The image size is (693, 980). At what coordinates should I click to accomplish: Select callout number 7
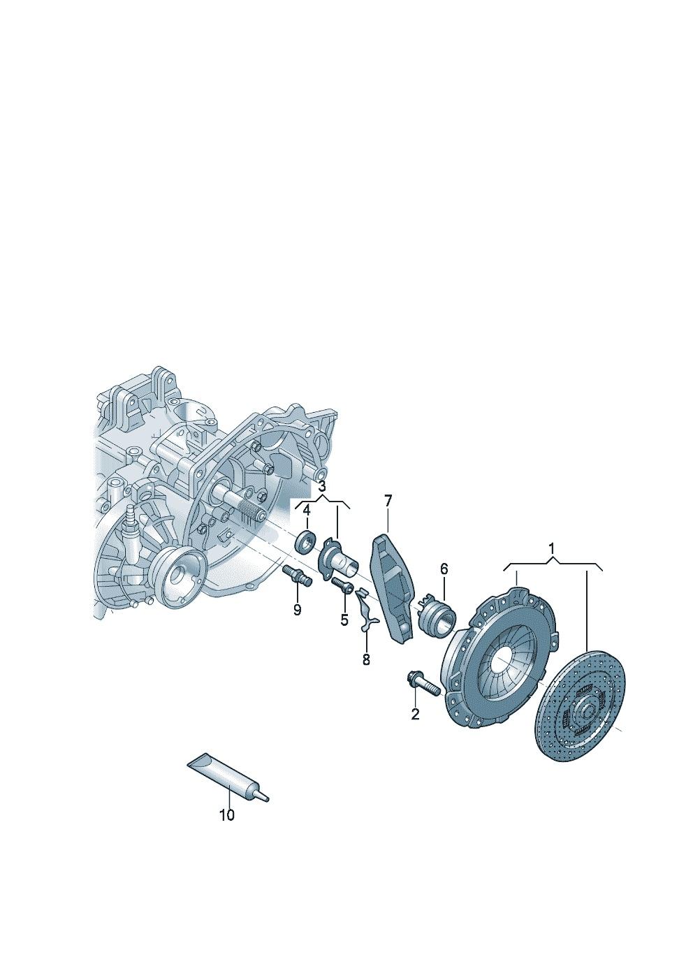(x=388, y=501)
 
